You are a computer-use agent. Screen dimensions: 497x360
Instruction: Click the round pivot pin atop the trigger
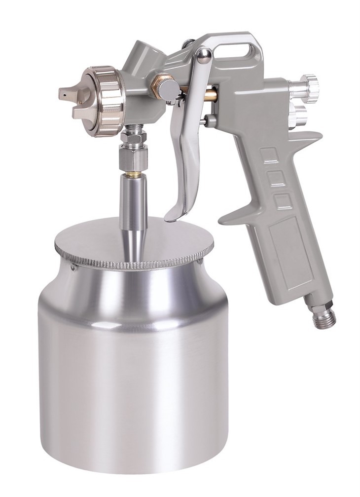click(204, 55)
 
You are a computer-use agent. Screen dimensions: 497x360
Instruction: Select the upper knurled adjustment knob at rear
click(310, 86)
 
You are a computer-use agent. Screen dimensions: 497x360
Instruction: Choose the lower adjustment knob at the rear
click(298, 114)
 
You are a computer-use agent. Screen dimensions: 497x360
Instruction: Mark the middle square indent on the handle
click(277, 178)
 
